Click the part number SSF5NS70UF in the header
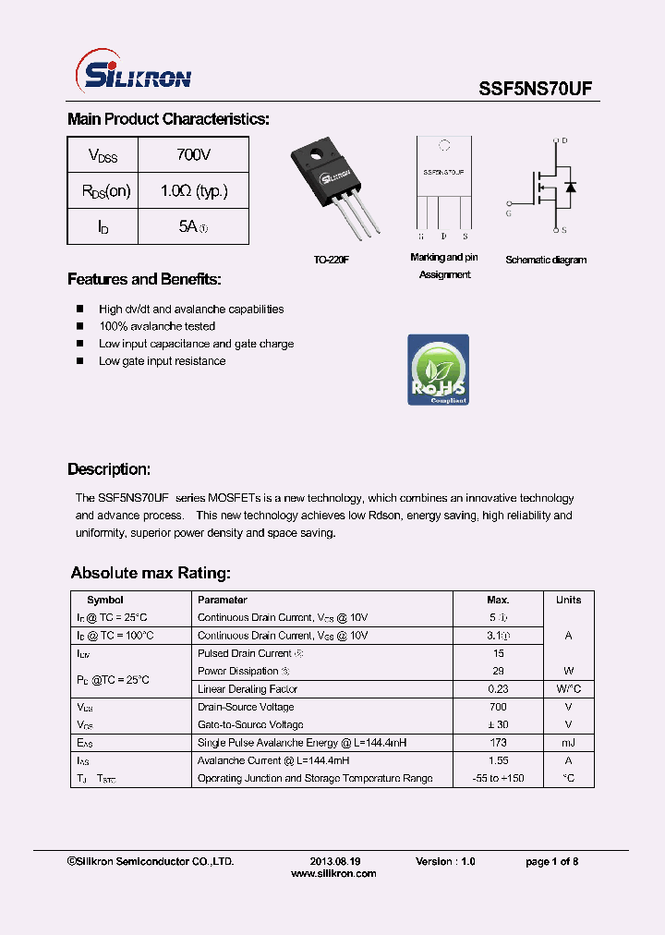click(536, 89)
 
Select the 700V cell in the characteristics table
click(193, 155)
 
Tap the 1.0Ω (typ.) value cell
click(193, 191)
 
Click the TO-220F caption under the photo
click(332, 261)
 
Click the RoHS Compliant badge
click(438, 370)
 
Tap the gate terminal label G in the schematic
click(508, 212)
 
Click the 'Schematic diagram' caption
click(545, 261)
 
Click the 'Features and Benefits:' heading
click(144, 280)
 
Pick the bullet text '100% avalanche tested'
click(157, 326)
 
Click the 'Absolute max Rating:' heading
click(151, 573)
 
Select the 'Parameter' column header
click(223, 600)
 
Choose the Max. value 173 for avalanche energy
click(497, 743)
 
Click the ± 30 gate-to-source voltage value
click(497, 725)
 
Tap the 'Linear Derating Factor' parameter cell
click(248, 689)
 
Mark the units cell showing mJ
click(568, 743)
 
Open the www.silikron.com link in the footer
click(333, 874)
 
